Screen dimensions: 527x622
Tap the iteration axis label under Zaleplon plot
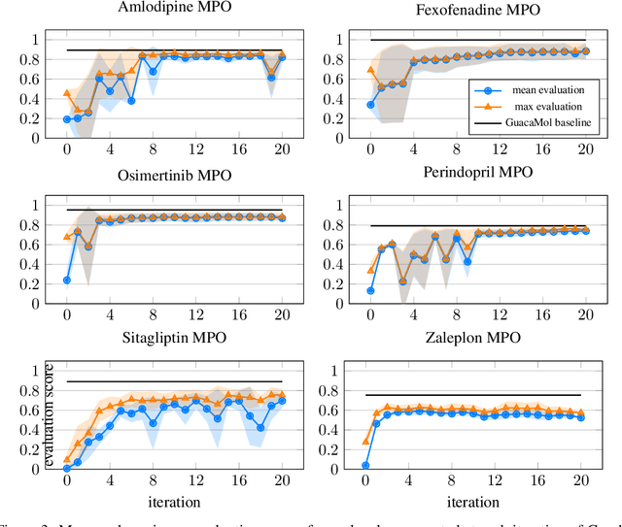point(477,503)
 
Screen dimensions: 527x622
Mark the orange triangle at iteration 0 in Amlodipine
point(67,93)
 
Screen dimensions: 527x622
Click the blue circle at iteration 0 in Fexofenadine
point(370,105)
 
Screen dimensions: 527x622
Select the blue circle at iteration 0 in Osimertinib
point(67,280)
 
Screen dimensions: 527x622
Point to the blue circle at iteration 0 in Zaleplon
point(370,465)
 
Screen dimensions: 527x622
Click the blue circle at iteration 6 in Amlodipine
point(131,100)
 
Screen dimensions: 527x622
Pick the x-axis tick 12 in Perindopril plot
point(499,316)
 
